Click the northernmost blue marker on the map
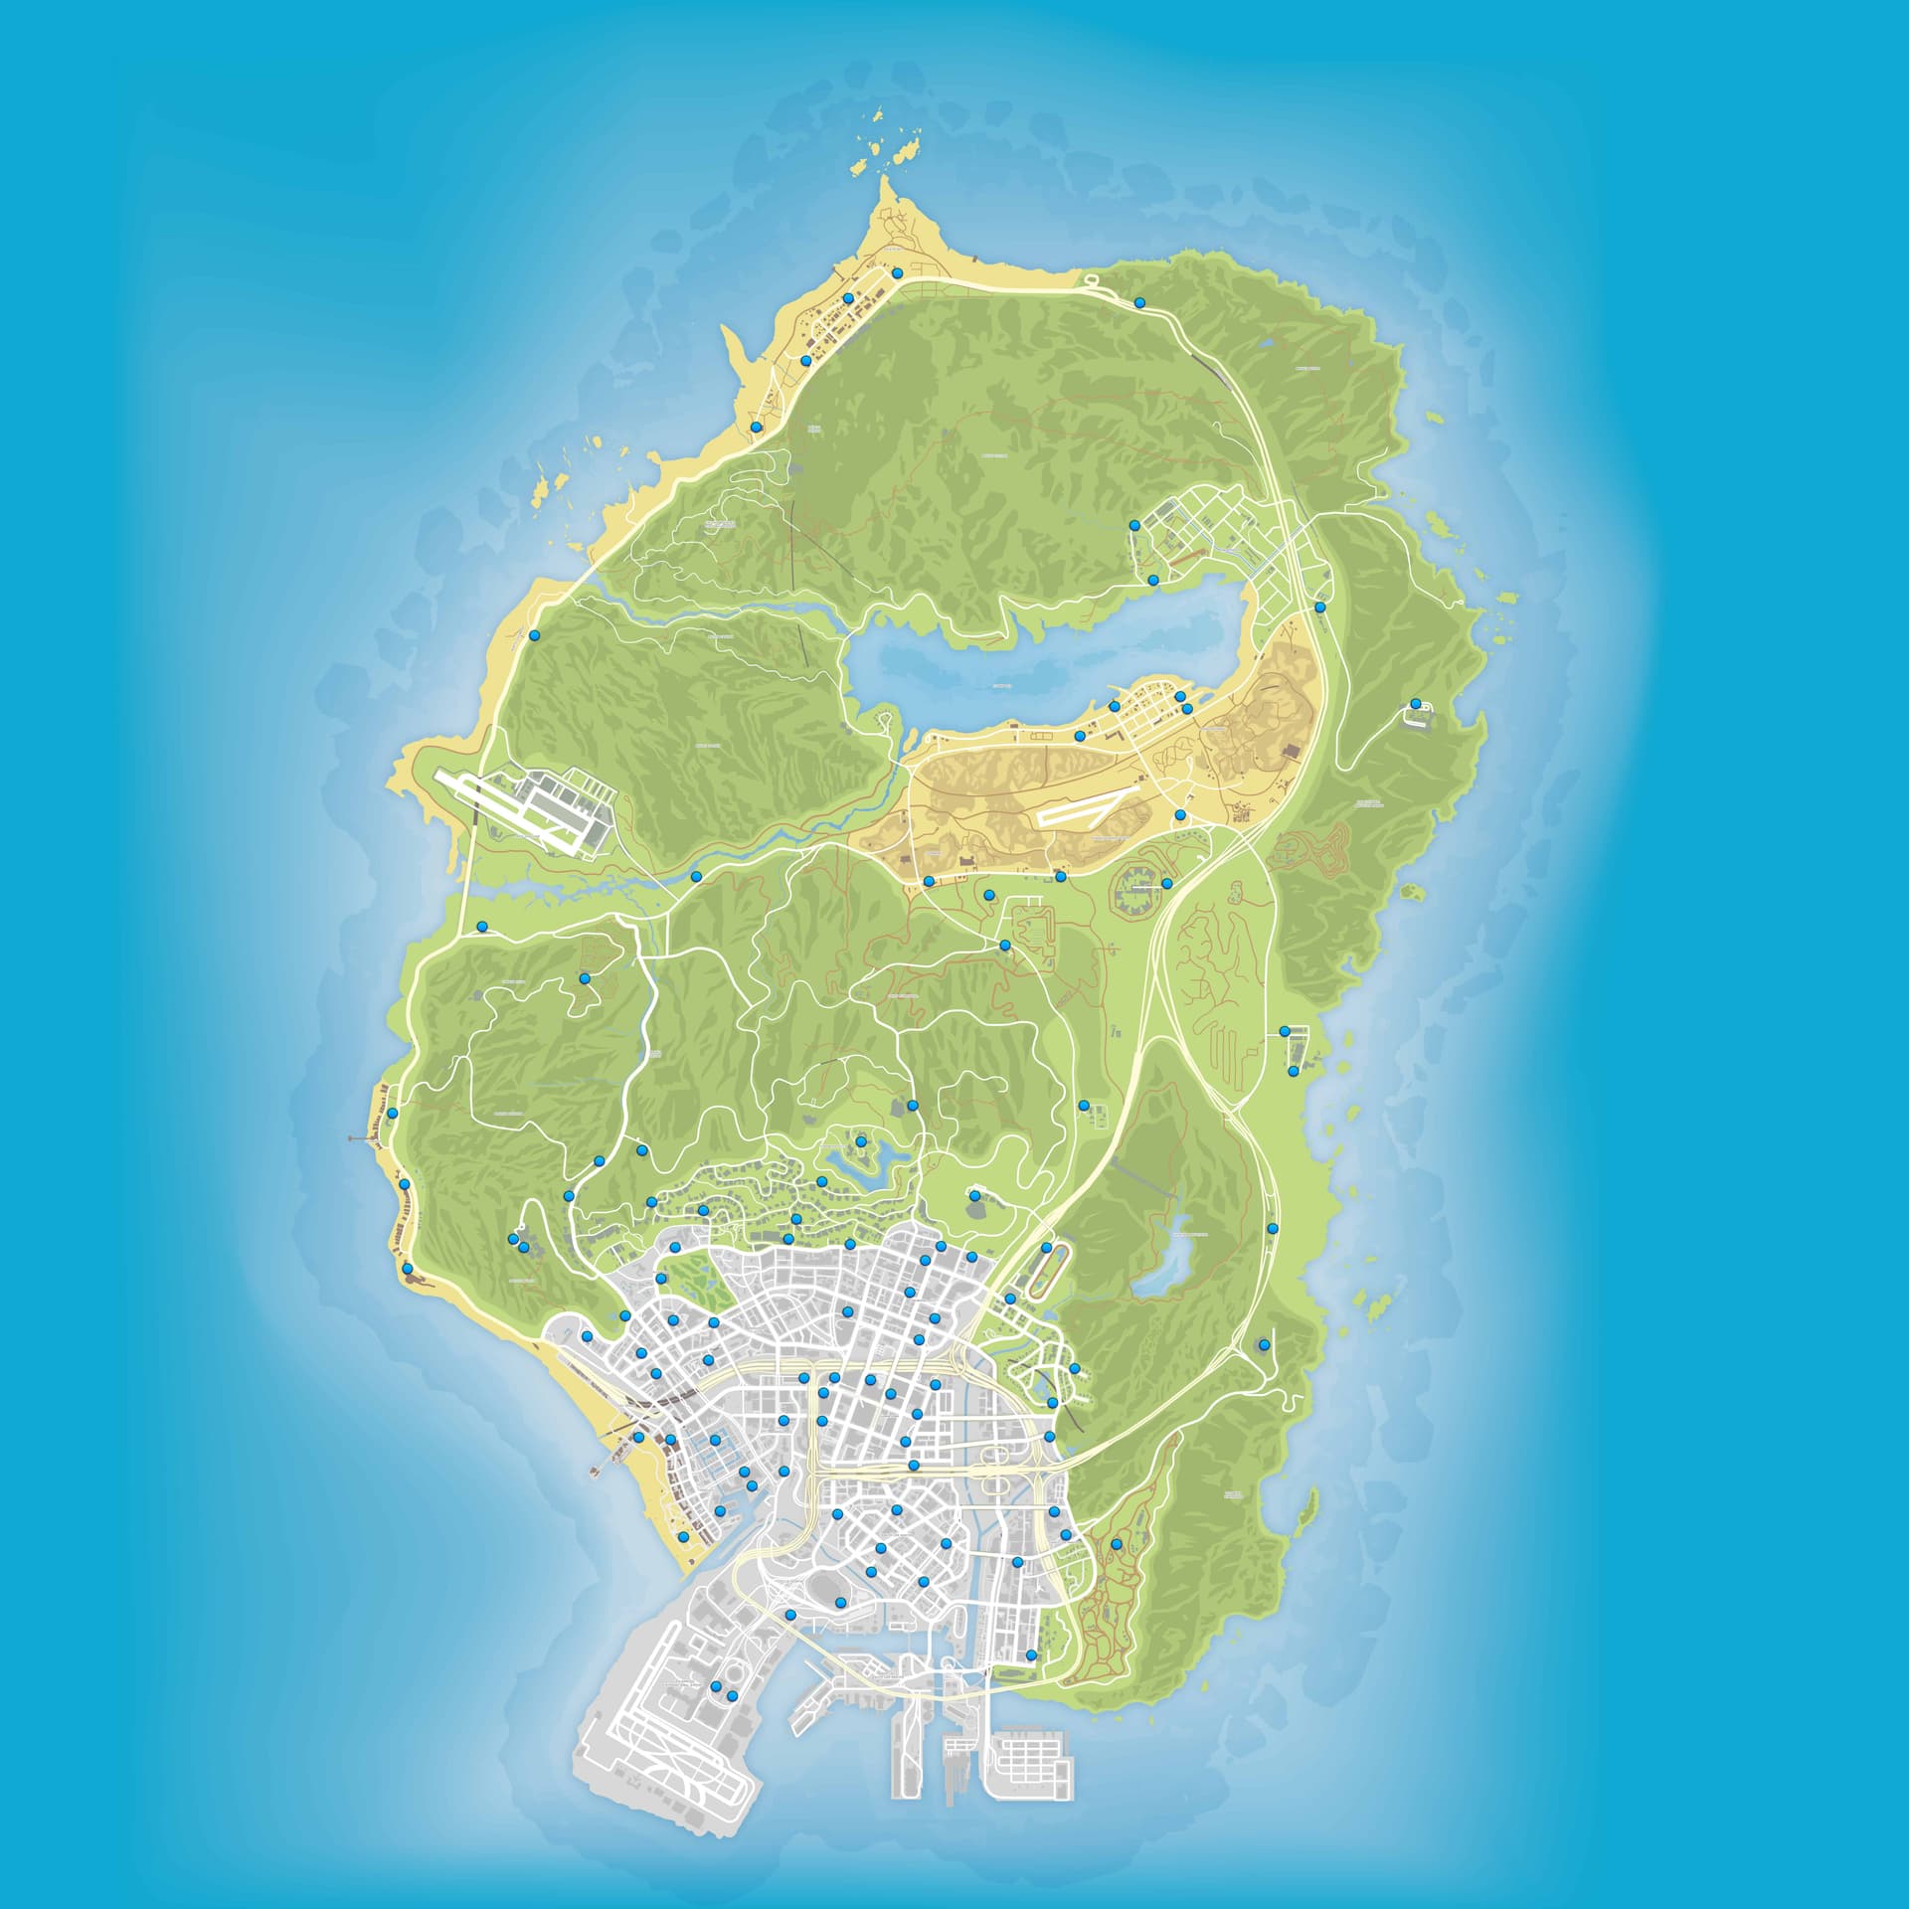(x=897, y=272)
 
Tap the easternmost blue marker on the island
(x=1415, y=704)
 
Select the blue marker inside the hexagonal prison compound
(x=1166, y=883)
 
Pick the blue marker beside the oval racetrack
(x=1047, y=1248)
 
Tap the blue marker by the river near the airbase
(x=696, y=876)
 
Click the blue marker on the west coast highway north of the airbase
(x=534, y=635)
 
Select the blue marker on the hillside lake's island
(x=860, y=1141)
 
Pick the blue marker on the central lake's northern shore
(x=1153, y=580)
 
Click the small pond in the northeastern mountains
(x=1264, y=344)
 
